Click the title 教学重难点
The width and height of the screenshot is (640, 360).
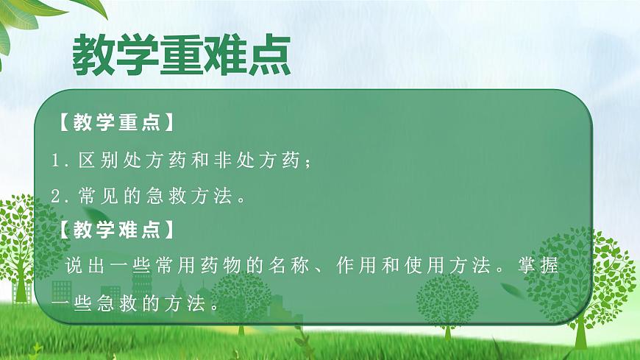(x=179, y=53)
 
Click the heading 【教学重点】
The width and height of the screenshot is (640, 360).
(x=116, y=122)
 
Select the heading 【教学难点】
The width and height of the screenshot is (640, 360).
(x=116, y=230)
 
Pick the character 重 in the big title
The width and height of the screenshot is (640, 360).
(x=179, y=53)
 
